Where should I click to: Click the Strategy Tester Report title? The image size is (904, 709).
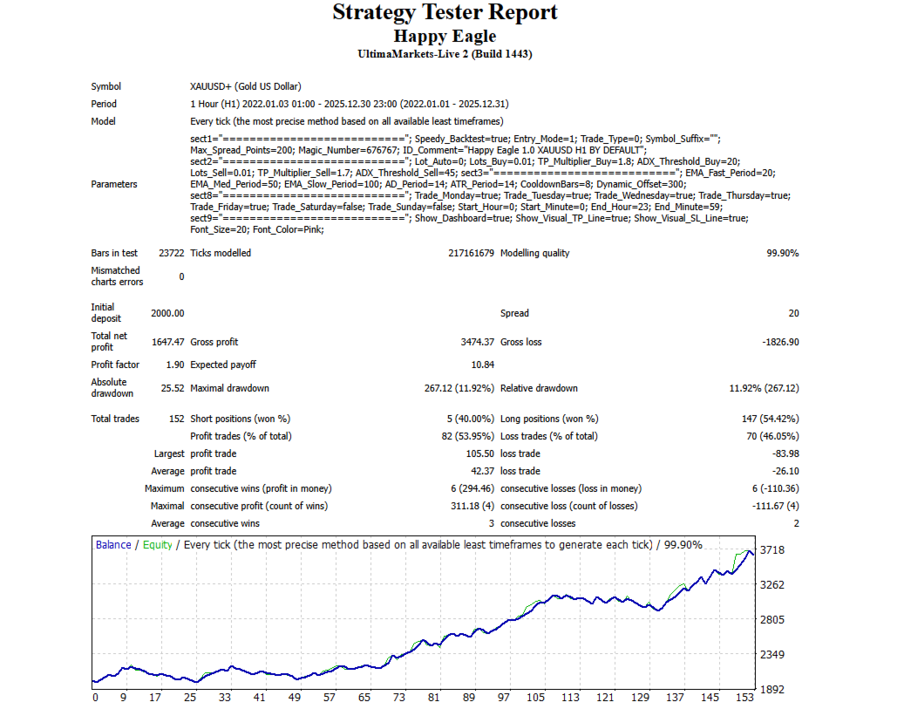pyautogui.click(x=445, y=12)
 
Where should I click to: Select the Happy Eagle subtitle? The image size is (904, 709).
pyautogui.click(x=445, y=36)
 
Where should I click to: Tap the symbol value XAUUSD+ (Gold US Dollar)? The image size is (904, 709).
pyautogui.click(x=245, y=86)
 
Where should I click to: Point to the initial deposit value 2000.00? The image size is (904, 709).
pyautogui.click(x=167, y=313)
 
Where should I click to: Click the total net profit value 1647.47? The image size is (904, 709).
pyautogui.click(x=167, y=342)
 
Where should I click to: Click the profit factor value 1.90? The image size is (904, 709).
pyautogui.click(x=174, y=365)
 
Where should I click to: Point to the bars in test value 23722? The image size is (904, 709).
pyautogui.click(x=171, y=253)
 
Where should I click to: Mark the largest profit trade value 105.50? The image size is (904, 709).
pyautogui.click(x=479, y=453)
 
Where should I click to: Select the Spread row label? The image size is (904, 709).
pyautogui.click(x=514, y=313)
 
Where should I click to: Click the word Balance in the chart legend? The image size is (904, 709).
pyautogui.click(x=113, y=545)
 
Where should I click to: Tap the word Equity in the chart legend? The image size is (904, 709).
pyautogui.click(x=158, y=545)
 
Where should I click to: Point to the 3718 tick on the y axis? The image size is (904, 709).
pyautogui.click(x=772, y=550)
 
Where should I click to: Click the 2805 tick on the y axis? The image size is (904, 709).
pyautogui.click(x=772, y=620)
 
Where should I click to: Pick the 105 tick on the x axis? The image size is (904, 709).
pyautogui.click(x=535, y=698)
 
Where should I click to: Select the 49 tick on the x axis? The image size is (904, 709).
pyautogui.click(x=294, y=698)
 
